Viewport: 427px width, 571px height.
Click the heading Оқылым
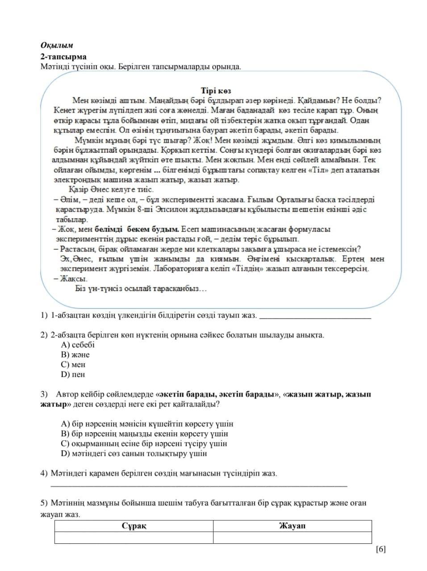point(57,46)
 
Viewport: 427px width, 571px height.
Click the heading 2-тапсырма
point(63,57)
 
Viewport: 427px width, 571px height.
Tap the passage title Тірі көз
point(216,91)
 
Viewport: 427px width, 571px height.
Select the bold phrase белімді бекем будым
point(137,229)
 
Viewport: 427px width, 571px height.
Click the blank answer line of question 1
point(315,318)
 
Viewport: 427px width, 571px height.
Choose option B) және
point(75,355)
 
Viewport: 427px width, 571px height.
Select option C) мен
point(73,364)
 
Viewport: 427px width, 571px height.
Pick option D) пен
point(73,375)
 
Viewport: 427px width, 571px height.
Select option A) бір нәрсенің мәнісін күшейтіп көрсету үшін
point(147,424)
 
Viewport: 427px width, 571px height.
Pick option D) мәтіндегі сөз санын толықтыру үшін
point(134,454)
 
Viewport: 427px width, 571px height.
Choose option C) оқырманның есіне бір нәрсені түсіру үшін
point(144,444)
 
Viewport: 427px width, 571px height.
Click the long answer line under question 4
point(199,484)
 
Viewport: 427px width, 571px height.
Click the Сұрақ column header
point(134,526)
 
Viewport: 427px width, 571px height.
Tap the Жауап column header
point(292,526)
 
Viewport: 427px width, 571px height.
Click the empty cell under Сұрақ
point(134,538)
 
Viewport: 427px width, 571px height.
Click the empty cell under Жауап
point(292,538)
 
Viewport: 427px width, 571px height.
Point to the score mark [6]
point(381,549)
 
